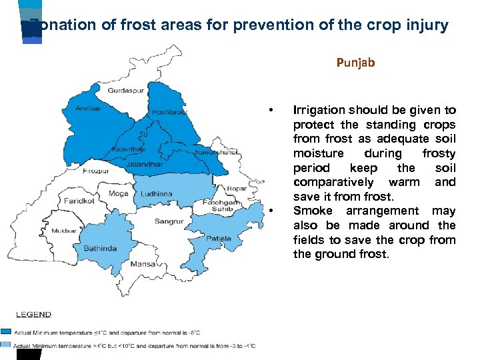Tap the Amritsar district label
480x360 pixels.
pos(89,109)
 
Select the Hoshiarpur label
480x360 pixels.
pos(171,111)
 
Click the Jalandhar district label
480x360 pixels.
pos(145,164)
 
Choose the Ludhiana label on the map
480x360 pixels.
pos(156,194)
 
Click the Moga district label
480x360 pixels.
pos(119,193)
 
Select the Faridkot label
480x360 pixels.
pos(79,201)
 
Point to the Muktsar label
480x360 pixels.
pos(64,231)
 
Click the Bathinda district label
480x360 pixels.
pos(100,249)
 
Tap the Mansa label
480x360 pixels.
pos(143,264)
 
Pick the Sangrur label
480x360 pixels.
pos(169,221)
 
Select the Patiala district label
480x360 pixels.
pos(219,238)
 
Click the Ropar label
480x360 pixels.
pos(237,189)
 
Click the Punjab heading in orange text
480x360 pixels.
pos(355,63)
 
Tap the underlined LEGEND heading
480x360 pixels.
pos(33,314)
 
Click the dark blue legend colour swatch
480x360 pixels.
pos(6,331)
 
